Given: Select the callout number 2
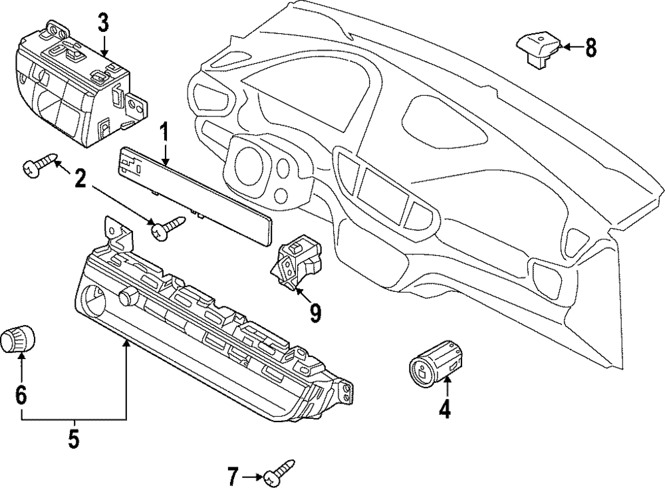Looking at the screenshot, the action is [x=79, y=180].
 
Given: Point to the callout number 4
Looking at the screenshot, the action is [x=444, y=409].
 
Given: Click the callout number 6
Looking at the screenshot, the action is [x=21, y=396].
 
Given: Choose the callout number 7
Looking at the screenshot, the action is [x=232, y=477].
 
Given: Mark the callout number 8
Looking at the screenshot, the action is [x=591, y=47].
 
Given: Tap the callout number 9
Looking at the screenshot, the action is [x=315, y=313].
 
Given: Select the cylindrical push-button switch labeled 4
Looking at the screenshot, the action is [x=435, y=362].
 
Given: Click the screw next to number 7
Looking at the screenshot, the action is [x=279, y=471].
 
